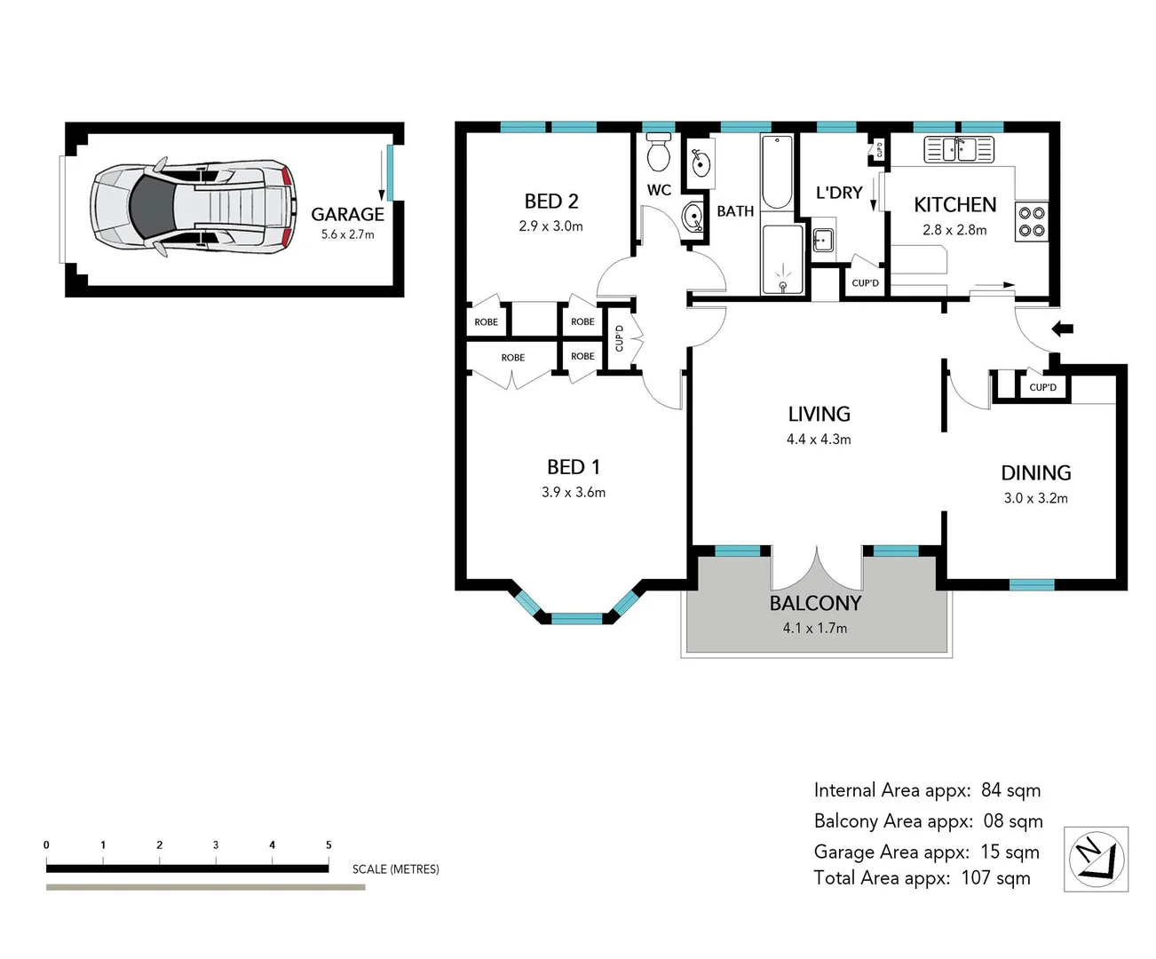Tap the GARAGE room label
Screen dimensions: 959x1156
tap(347, 214)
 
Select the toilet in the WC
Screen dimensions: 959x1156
tap(658, 154)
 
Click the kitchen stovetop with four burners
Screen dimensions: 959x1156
tap(1032, 221)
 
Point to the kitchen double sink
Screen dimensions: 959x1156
tap(958, 149)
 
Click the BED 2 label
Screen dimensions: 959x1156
tap(550, 202)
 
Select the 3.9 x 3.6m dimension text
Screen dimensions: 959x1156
tap(574, 492)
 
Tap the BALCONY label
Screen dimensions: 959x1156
tap(815, 604)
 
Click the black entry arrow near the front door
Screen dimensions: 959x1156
tap(1063, 329)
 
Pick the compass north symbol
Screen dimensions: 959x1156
tap(1097, 859)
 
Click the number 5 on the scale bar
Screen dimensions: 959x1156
tap(329, 844)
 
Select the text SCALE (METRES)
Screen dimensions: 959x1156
tap(395, 869)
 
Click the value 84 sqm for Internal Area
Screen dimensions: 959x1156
tap(1010, 790)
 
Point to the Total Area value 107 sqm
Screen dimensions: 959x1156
tap(995, 878)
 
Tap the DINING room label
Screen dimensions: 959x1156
tap(1035, 473)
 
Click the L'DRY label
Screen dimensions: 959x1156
tap(839, 193)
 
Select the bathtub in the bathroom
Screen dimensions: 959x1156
tap(777, 171)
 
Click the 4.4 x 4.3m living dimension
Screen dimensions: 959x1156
tap(818, 440)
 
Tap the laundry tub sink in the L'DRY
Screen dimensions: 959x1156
tap(821, 240)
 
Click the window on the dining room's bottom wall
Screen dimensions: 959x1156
tap(1032, 584)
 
